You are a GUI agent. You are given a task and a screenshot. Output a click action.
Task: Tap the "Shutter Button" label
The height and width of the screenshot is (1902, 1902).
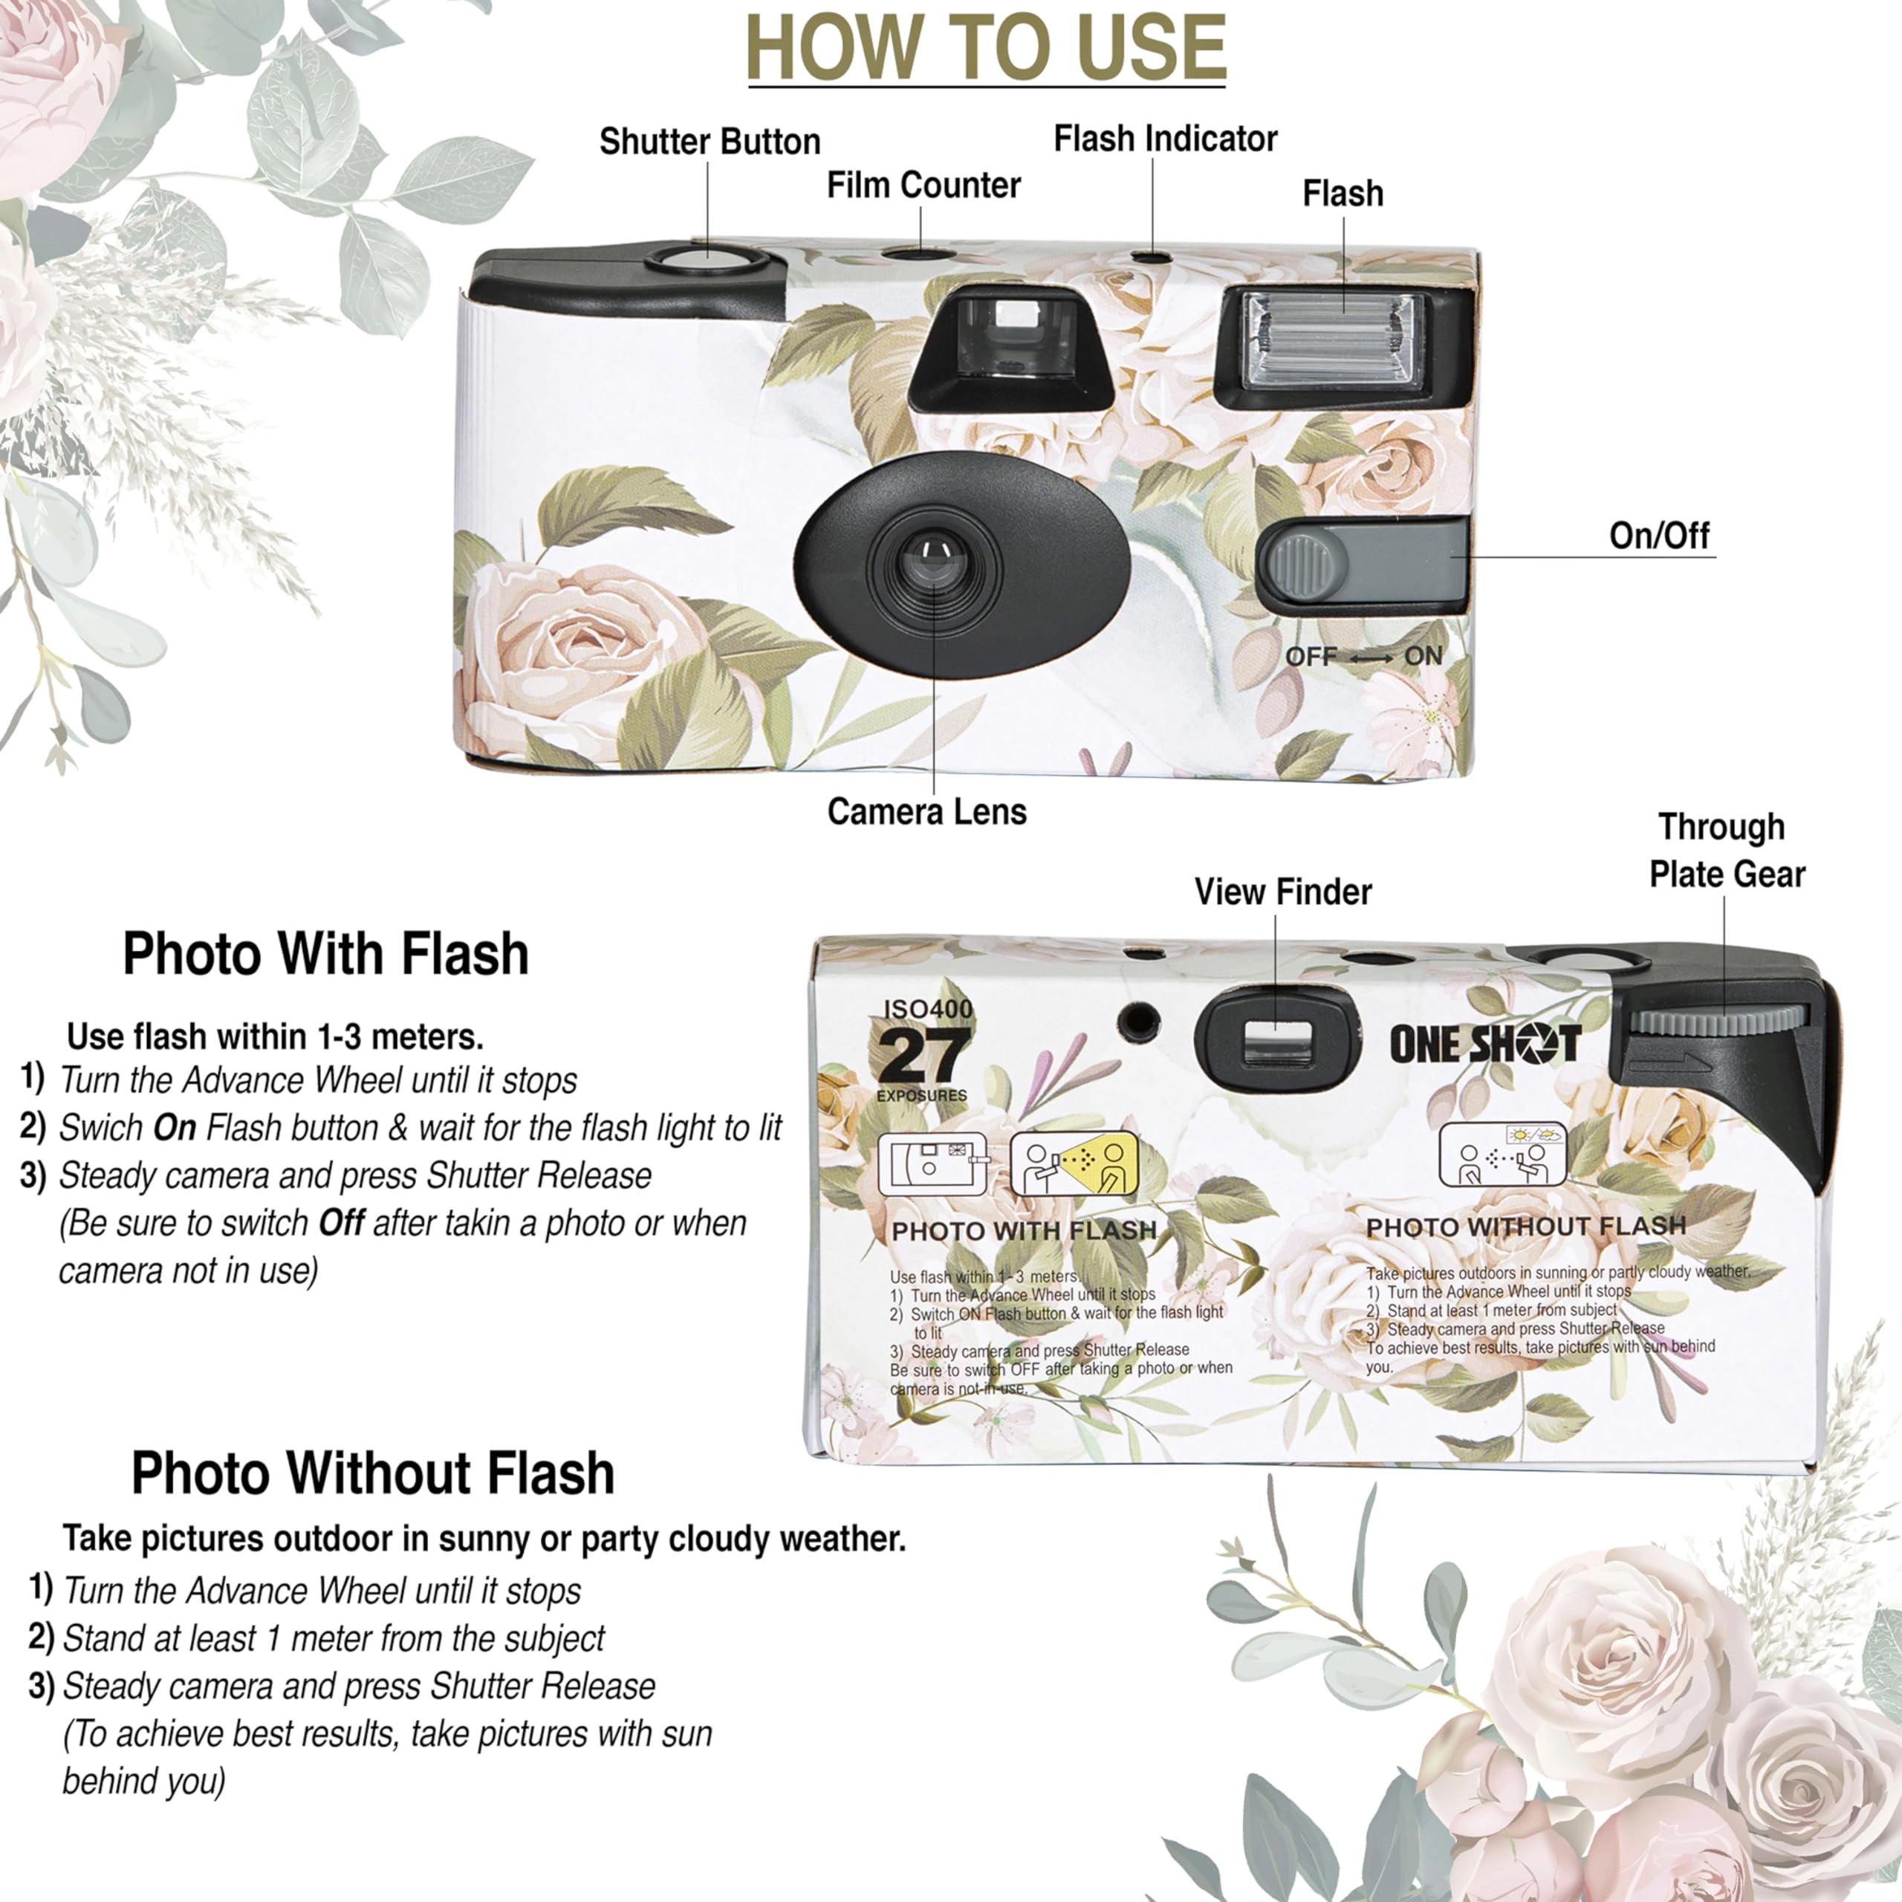pos(710,142)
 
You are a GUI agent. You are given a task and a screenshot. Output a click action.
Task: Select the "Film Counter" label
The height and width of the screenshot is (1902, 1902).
pos(924,185)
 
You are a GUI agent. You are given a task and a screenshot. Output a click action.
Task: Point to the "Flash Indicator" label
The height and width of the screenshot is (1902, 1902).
pos(1166,139)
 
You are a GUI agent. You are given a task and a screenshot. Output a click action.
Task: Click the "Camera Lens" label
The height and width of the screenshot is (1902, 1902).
pos(926,811)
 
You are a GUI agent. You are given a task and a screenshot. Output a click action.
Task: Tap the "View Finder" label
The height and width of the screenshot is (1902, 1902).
pos(1283,892)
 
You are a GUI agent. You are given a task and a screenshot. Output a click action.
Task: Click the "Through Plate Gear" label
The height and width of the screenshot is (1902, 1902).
pos(1726,851)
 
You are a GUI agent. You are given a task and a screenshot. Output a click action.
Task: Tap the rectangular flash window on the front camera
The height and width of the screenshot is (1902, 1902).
pos(1333,340)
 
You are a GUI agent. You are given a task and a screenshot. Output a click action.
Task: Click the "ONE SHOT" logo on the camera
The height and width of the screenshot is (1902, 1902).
pos(1484,1044)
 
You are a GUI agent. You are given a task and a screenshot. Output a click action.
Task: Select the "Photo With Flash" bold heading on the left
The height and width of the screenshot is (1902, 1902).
pos(326,954)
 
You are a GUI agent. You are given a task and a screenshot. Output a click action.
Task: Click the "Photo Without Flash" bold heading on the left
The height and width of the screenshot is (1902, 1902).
pos(373,1474)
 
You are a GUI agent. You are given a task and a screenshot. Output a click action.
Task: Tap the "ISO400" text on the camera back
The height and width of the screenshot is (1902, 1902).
pos(929,1009)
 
